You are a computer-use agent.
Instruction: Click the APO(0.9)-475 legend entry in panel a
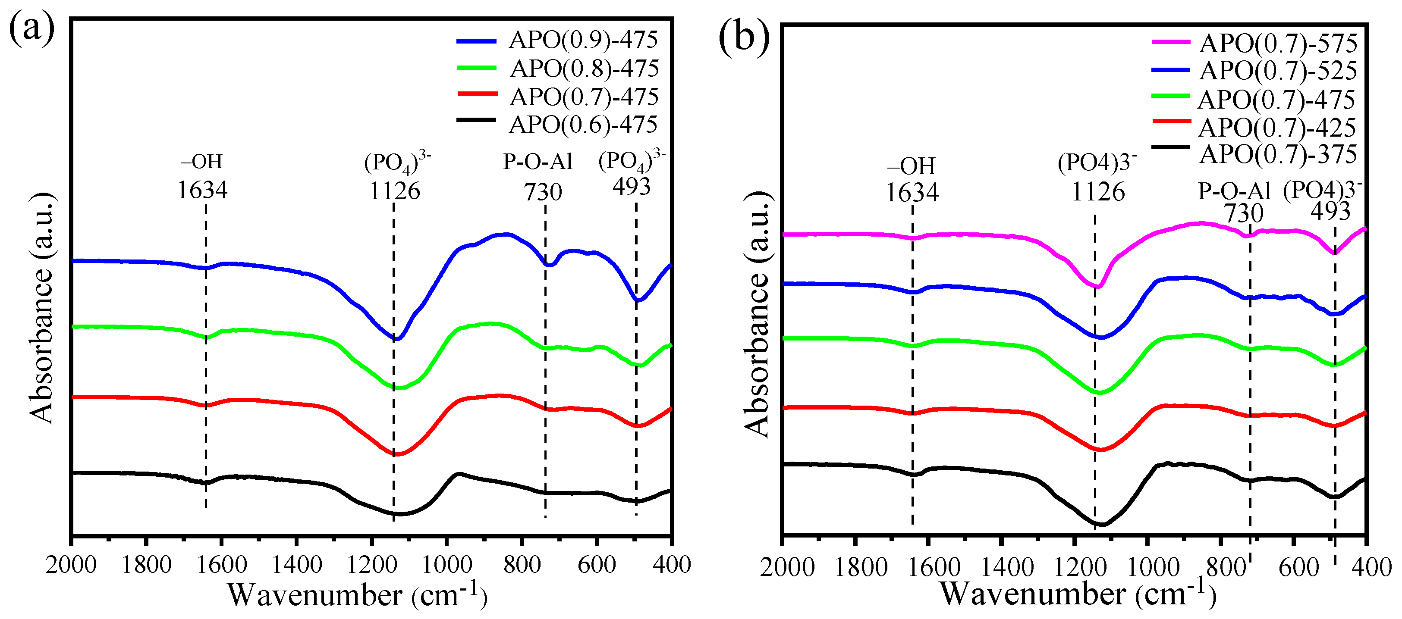pyautogui.click(x=583, y=40)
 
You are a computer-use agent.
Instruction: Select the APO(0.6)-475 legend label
pyautogui.click(x=583, y=125)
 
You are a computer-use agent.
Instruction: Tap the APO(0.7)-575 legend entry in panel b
pyautogui.click(x=1278, y=44)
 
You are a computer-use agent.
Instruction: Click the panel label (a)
pyautogui.click(x=31, y=28)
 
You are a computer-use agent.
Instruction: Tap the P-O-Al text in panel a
pyautogui.click(x=538, y=162)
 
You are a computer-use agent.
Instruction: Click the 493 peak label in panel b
pyautogui.click(x=1330, y=212)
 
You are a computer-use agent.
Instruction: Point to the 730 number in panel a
pyautogui.click(x=543, y=192)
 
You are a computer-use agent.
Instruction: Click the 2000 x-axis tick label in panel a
pyautogui.click(x=71, y=565)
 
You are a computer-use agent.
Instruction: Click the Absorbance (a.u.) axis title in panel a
pyautogui.click(x=42, y=308)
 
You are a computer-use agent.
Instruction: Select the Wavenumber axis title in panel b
pyautogui.click(x=1078, y=594)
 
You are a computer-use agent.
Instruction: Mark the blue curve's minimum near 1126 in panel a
pyautogui.click(x=397, y=339)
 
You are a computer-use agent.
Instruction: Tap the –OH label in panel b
pyautogui.click(x=911, y=166)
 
